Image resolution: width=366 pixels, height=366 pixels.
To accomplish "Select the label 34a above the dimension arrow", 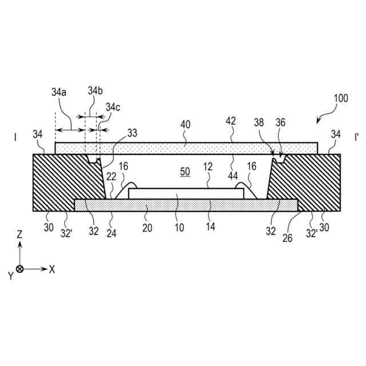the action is (x=59, y=91).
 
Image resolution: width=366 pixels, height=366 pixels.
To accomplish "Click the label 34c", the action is (x=113, y=107).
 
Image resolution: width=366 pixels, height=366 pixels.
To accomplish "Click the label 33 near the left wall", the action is (x=132, y=133).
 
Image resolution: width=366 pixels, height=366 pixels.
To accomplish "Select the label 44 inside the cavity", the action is (x=233, y=176).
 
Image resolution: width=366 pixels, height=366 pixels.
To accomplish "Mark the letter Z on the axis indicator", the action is (x=20, y=234).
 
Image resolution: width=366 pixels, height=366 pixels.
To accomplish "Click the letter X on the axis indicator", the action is (x=51, y=269).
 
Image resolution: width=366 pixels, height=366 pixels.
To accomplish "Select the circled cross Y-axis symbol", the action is (x=20, y=269).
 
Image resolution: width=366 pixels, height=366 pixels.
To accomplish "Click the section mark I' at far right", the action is (x=356, y=138).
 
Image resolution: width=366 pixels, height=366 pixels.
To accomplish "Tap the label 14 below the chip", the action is (x=210, y=227).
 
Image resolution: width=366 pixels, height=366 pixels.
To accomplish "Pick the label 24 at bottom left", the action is (x=111, y=232).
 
